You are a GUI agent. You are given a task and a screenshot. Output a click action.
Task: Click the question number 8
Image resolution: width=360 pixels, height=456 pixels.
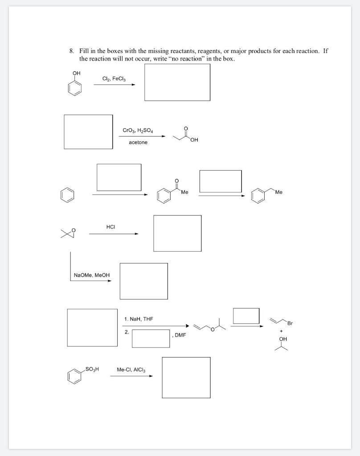coord(71,51)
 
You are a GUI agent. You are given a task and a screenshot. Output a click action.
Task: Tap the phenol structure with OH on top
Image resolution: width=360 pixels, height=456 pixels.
coord(75,84)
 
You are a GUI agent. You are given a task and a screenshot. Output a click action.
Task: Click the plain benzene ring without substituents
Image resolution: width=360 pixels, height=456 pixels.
coord(65,195)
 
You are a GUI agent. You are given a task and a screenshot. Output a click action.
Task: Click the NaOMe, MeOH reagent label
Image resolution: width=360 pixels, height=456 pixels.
coord(92,275)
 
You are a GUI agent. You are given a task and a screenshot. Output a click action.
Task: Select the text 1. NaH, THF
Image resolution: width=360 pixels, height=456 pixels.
coord(139,319)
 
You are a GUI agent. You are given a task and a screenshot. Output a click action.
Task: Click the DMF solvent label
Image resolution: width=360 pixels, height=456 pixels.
coord(180,334)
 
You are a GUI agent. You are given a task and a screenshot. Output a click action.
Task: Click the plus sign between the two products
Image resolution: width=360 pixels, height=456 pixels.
coord(281,331)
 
